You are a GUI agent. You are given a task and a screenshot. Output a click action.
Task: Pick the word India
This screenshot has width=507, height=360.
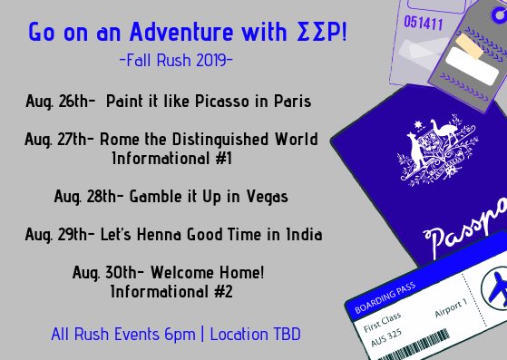click(x=303, y=235)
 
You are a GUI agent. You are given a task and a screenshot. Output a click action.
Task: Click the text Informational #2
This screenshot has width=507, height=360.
click(x=171, y=292)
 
